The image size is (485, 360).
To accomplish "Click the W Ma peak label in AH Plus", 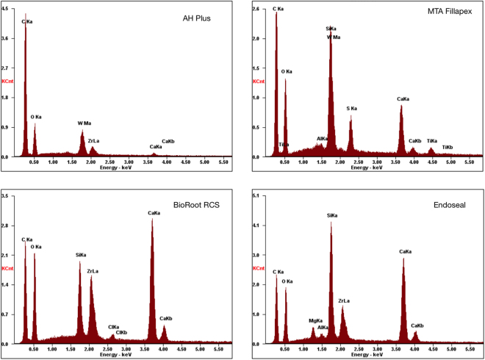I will point(85,123).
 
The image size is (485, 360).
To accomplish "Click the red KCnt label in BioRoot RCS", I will point(8,269).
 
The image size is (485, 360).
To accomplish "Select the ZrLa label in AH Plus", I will point(93,140).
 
